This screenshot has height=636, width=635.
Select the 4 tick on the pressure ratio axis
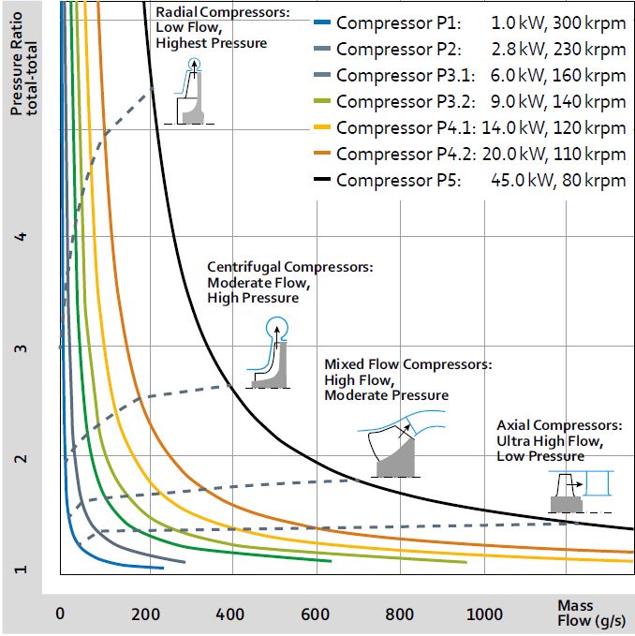pyautogui.click(x=21, y=237)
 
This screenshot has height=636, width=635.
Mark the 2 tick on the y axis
pyautogui.click(x=21, y=459)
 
